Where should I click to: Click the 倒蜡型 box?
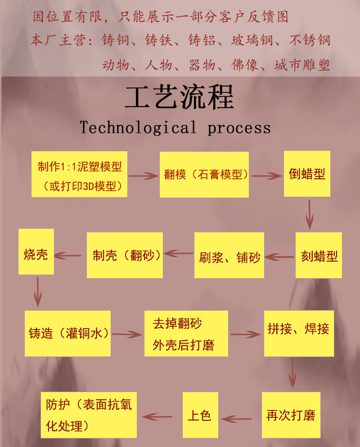pyautogui.click(x=307, y=174)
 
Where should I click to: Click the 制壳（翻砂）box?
pyautogui.click(x=125, y=255)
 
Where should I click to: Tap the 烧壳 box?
pyautogui.click(x=36, y=252)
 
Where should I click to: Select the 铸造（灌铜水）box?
pyautogui.click(x=67, y=333)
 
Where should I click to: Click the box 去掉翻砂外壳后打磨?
pyautogui.click(x=186, y=334)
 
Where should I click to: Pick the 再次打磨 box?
pyautogui.click(x=291, y=415)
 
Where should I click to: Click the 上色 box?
pyautogui.click(x=200, y=414)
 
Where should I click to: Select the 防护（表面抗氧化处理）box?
pyautogui.click(x=89, y=415)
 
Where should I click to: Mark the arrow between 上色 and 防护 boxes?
pyautogui.click(x=158, y=416)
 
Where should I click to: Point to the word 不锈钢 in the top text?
pyautogui.click(x=310, y=41)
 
